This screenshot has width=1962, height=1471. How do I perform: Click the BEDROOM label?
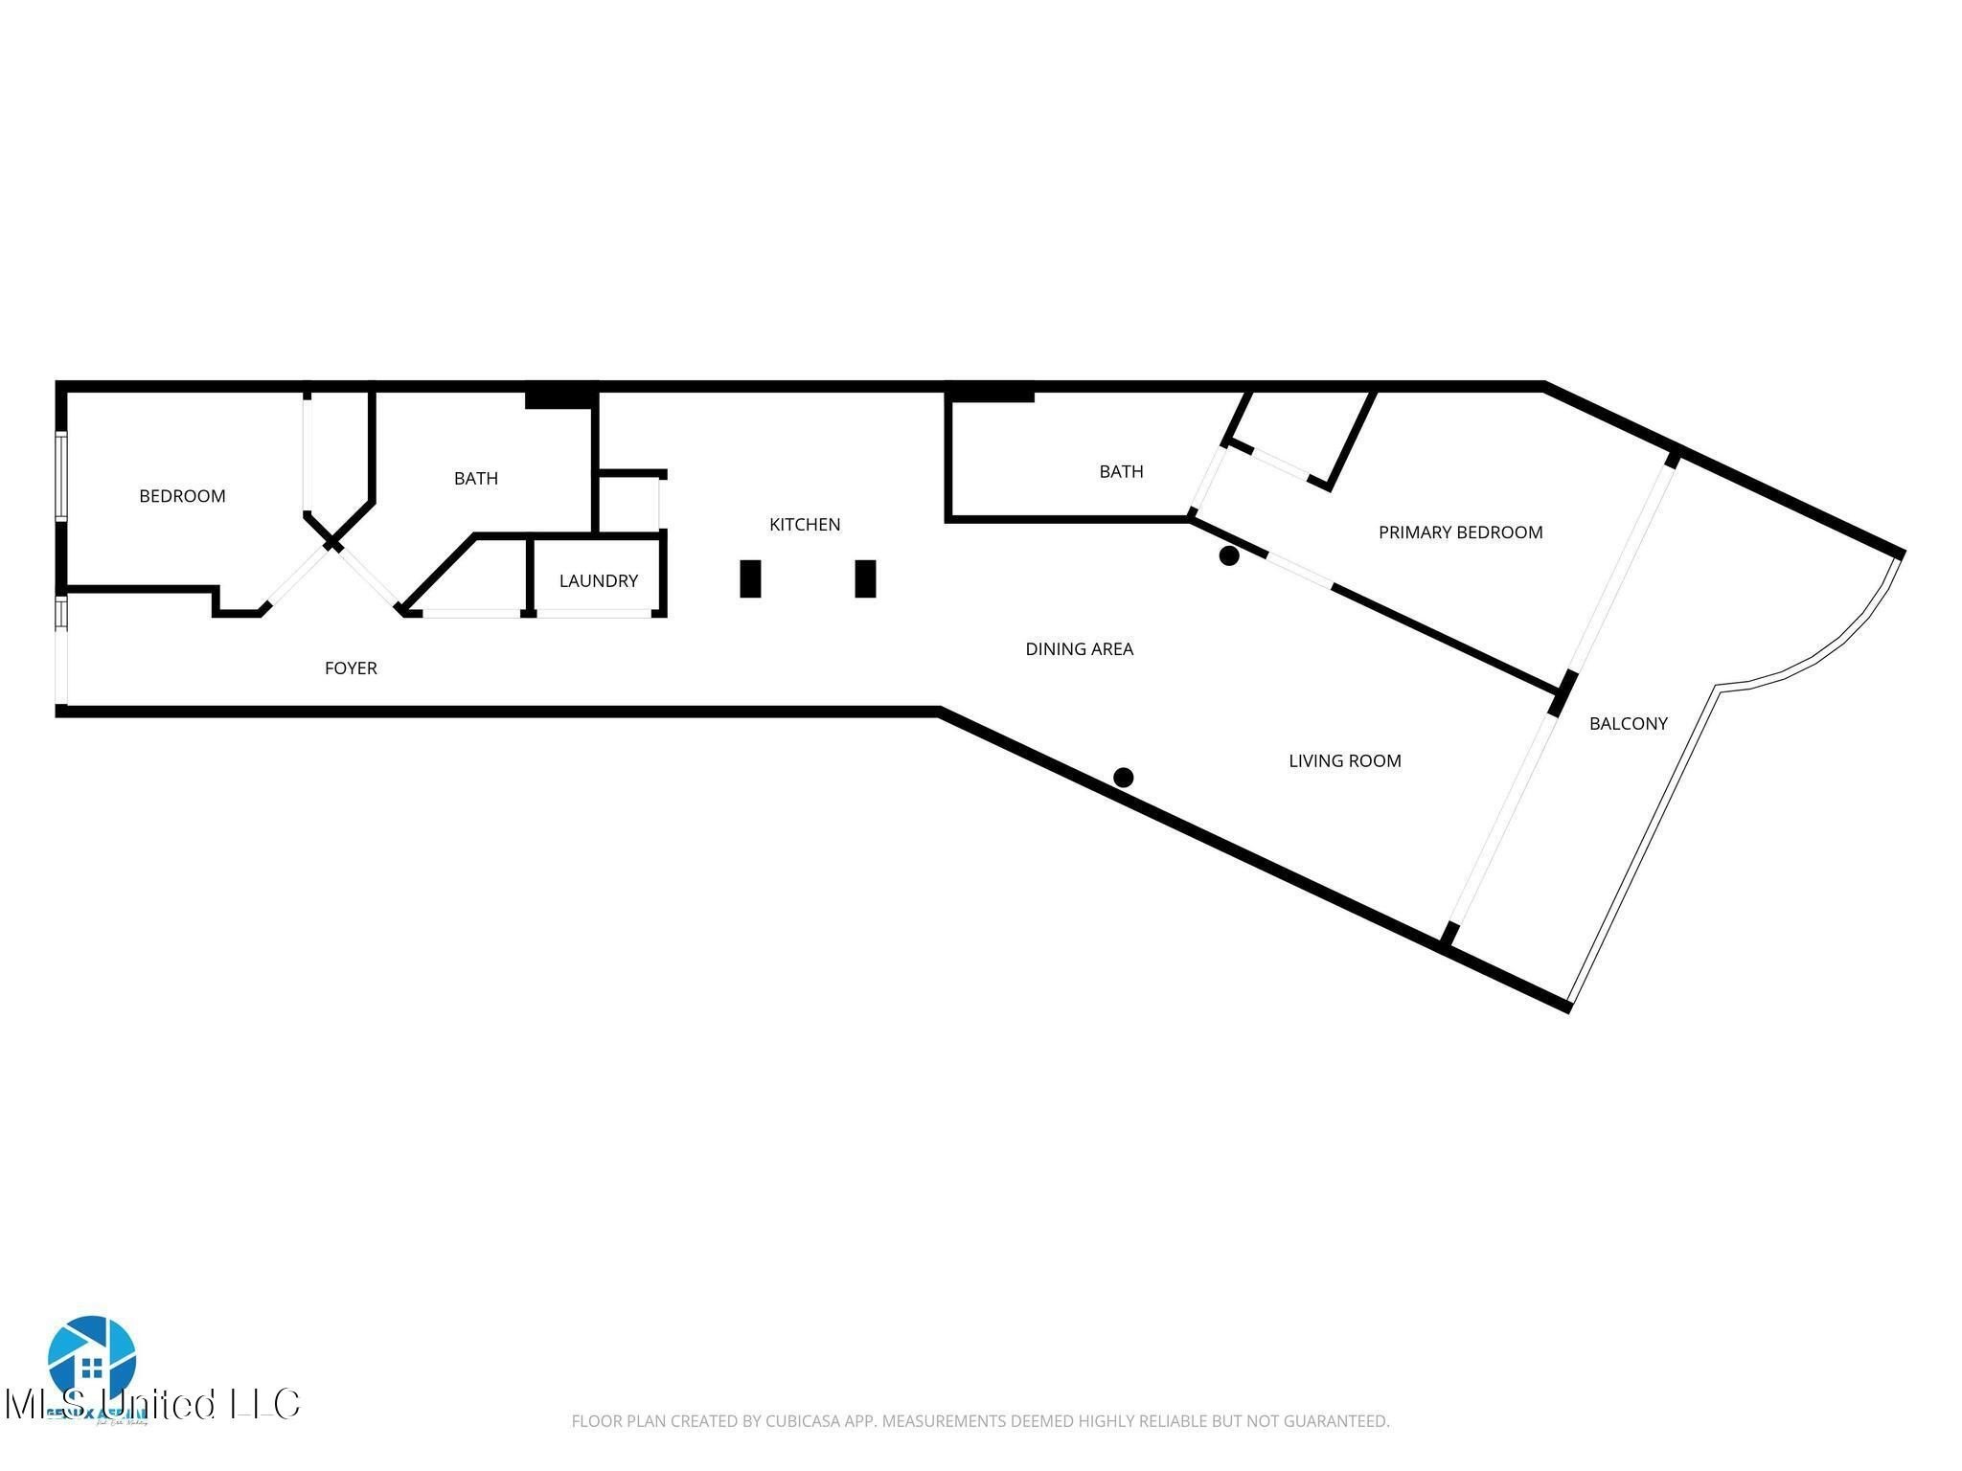coord(182,496)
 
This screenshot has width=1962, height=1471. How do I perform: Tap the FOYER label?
coord(351,668)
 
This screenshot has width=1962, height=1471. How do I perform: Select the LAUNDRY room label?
coord(598,581)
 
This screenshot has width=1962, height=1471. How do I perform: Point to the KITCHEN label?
coord(805,525)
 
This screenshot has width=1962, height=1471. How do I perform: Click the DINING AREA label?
coord(1079,649)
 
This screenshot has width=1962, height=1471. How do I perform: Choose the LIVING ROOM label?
coord(1344,761)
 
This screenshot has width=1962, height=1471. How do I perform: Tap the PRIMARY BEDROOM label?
coord(1460,532)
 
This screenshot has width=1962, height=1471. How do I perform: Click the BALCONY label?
coord(1628,724)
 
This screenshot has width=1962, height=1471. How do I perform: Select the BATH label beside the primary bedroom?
coord(1121,472)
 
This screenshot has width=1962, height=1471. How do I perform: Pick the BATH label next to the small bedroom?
coord(475,479)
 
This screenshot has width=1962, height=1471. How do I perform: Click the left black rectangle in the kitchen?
coord(750,578)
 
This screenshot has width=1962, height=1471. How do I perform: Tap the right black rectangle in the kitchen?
coord(865,578)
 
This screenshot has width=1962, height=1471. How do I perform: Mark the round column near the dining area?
coord(1229,555)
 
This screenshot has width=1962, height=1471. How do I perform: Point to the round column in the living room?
coord(1124,778)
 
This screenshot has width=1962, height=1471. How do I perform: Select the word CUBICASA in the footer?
coord(803,1422)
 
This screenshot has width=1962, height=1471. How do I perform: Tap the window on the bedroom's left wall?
coord(62,476)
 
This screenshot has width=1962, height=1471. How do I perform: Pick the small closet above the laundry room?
coord(627,504)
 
